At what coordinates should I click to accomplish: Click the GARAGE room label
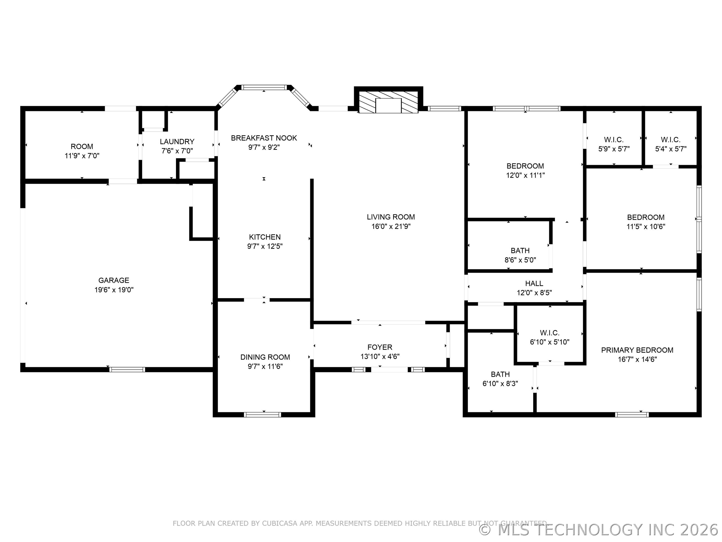pos(114,280)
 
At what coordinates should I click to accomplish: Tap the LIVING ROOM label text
pos(391,217)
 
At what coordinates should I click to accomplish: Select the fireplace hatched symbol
pos(388,102)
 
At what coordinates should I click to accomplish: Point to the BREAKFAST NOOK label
pos(264,138)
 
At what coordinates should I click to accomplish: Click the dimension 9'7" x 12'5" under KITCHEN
pos(265,246)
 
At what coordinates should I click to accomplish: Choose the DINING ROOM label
pos(265,357)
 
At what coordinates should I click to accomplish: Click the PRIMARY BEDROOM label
pos(637,350)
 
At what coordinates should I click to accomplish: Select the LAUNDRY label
pos(177,142)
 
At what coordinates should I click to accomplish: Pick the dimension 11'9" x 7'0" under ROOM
pos(82,156)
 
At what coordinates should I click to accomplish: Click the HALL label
pos(534,284)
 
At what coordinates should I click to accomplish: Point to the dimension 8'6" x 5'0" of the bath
pos(520,260)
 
